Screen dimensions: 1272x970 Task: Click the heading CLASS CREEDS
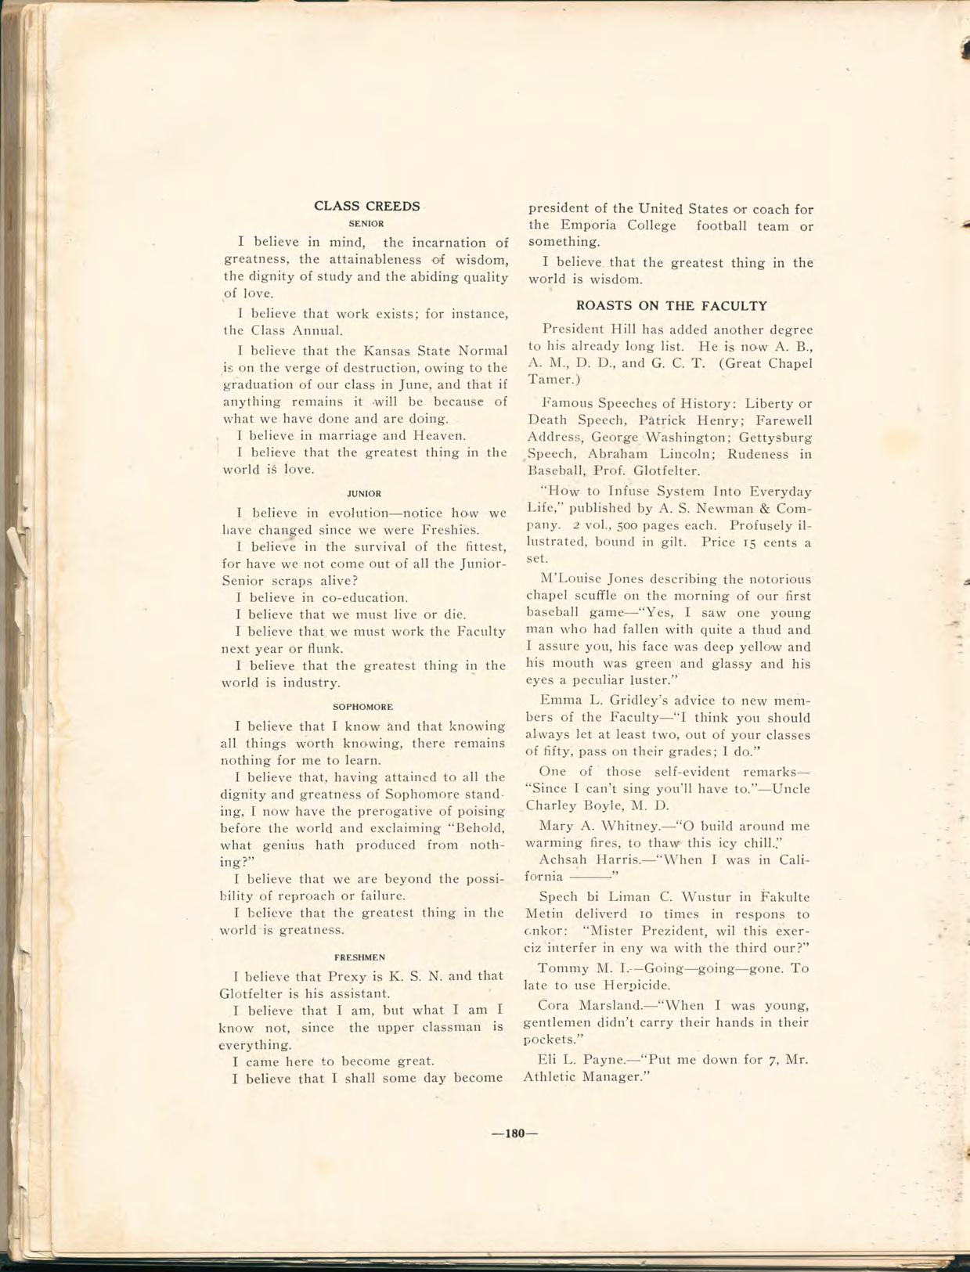[366, 206]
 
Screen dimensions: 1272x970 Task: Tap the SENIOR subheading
[366, 224]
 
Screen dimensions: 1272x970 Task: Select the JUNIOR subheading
[364, 494]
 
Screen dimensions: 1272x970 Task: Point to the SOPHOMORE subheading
[363, 707]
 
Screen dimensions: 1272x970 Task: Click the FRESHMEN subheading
[359, 957]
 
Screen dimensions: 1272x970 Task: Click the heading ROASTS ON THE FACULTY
[671, 306]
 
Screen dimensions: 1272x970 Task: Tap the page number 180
[514, 1133]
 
